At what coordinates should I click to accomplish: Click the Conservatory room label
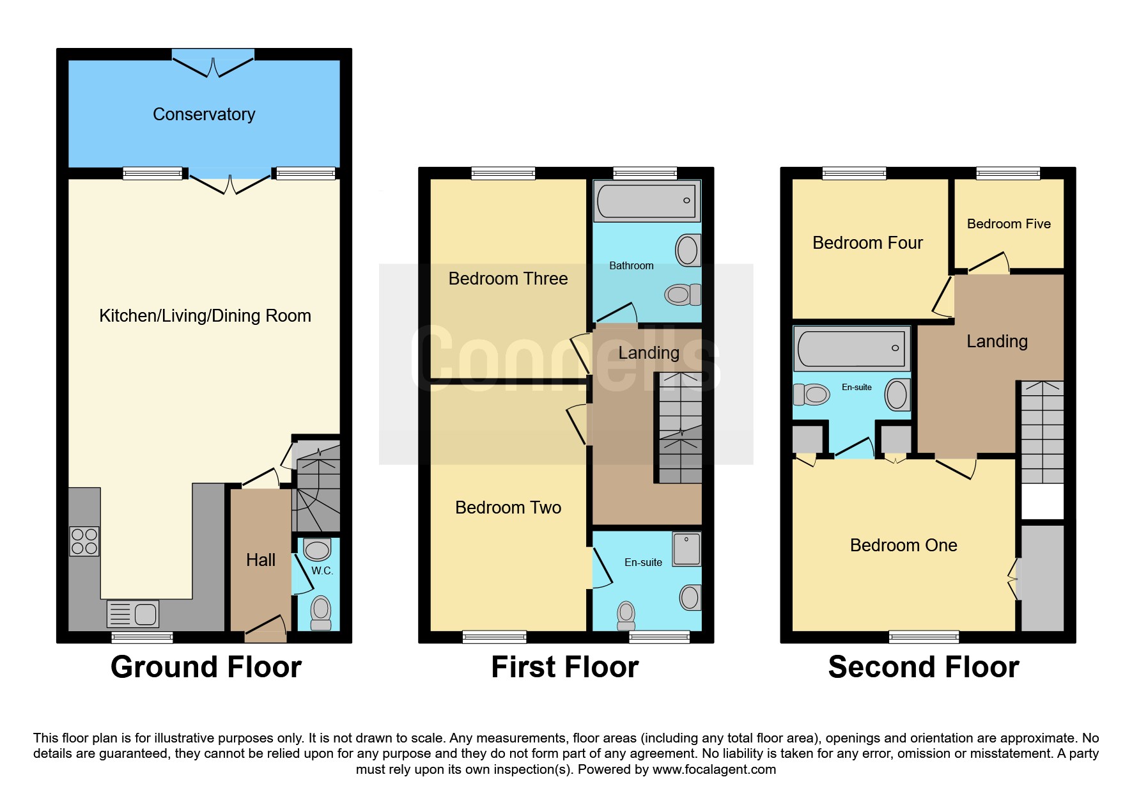click(204, 114)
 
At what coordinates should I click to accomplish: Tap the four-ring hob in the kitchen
click(84, 541)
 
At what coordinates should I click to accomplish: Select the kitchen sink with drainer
click(133, 614)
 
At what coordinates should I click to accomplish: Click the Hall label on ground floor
click(261, 560)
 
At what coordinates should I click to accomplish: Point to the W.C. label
click(322, 570)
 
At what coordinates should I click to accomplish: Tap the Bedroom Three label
click(508, 279)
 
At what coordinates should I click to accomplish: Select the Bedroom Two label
click(508, 508)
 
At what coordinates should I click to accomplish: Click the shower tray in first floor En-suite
click(686, 549)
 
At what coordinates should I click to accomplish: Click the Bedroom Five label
click(1009, 224)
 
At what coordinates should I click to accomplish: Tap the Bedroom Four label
click(867, 243)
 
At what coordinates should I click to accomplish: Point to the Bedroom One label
click(903, 546)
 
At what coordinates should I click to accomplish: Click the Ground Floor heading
click(206, 667)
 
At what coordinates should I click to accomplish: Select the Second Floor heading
click(924, 667)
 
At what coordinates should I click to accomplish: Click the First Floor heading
click(565, 667)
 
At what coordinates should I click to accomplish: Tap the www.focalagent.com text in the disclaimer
click(714, 769)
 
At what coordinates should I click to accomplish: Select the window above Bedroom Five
click(1008, 173)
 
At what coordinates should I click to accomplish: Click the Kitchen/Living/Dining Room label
click(205, 316)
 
